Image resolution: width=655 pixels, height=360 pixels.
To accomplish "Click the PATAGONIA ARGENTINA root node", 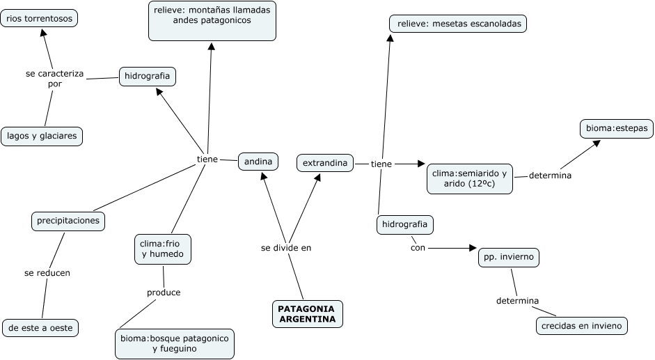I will [306, 314].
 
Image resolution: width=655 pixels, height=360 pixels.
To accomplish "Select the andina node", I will [258, 162].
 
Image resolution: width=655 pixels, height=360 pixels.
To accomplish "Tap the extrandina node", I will [325, 163].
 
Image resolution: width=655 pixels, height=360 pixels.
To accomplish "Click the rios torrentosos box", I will [39, 19].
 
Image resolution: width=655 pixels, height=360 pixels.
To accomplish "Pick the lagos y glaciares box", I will [42, 136].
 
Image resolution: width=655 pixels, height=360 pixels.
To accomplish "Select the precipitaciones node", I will [68, 221].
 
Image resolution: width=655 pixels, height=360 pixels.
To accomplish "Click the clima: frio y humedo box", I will [162, 249].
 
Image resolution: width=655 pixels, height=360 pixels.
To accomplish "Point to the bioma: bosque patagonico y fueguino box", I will [174, 343].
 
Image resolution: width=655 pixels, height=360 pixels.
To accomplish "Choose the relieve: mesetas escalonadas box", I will [458, 24].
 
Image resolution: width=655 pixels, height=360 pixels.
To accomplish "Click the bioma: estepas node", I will [616, 129].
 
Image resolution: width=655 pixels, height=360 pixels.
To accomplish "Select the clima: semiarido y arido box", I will [469, 178].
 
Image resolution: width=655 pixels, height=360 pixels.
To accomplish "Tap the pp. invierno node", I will [508, 258].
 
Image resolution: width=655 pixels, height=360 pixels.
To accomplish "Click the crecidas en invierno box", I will [582, 325].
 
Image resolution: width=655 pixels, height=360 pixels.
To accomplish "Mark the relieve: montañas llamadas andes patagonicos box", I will [212, 20].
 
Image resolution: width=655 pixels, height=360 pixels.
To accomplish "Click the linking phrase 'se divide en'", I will [286, 247].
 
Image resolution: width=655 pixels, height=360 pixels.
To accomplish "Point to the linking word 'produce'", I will [164, 292].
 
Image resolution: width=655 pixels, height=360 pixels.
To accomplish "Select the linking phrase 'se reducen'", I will [47, 273].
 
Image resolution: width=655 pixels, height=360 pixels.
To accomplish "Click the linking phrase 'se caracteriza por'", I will [55, 78].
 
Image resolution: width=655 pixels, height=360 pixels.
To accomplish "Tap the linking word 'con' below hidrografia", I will [418, 246].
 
